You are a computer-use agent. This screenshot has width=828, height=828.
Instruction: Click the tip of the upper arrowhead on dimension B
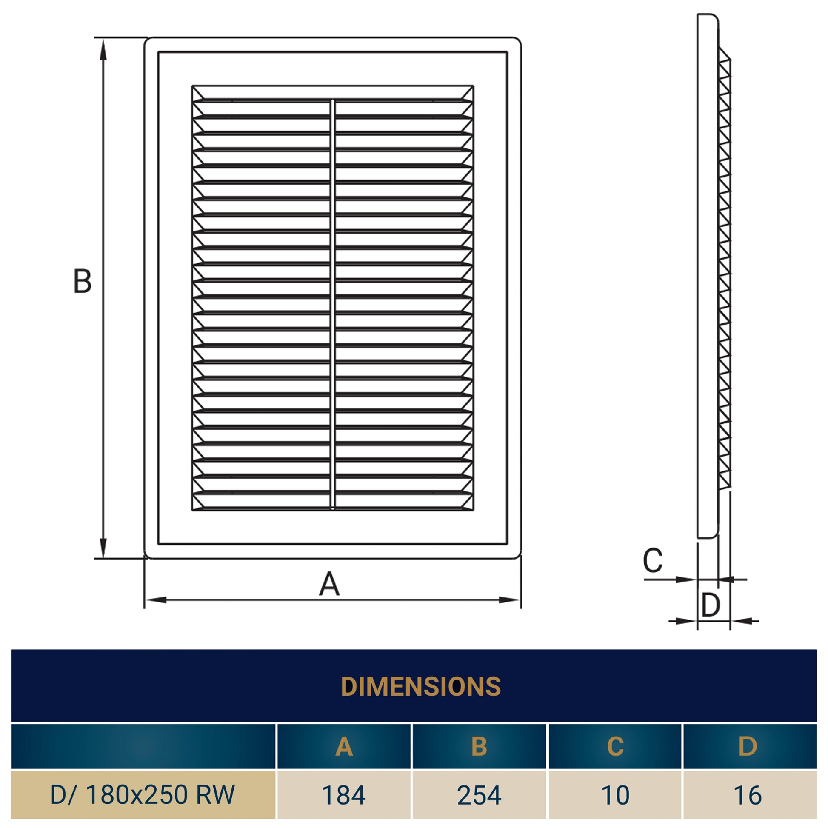point(103,39)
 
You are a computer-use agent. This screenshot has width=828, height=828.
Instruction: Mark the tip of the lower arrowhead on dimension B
point(103,558)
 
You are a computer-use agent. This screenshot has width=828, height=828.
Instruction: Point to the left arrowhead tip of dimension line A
point(145,600)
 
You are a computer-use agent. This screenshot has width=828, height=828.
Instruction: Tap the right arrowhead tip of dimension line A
point(520,600)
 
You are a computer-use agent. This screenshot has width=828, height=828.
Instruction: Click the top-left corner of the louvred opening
point(192,86)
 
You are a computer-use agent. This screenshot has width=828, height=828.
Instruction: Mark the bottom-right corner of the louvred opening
point(474,511)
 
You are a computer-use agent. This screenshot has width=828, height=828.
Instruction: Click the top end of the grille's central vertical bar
point(333,100)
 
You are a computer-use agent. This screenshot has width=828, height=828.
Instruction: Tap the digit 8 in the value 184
point(344,795)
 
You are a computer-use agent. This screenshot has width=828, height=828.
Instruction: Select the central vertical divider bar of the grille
point(333,305)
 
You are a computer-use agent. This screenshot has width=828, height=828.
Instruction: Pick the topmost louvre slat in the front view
point(333,93)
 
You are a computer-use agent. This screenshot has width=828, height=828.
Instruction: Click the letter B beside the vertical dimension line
point(83,281)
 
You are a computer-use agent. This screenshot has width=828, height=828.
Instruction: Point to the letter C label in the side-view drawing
point(653,560)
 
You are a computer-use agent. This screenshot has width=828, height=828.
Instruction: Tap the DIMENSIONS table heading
point(420,687)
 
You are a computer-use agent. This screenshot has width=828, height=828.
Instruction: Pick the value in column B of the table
point(479,795)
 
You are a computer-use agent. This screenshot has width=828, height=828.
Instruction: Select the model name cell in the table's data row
point(143,795)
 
